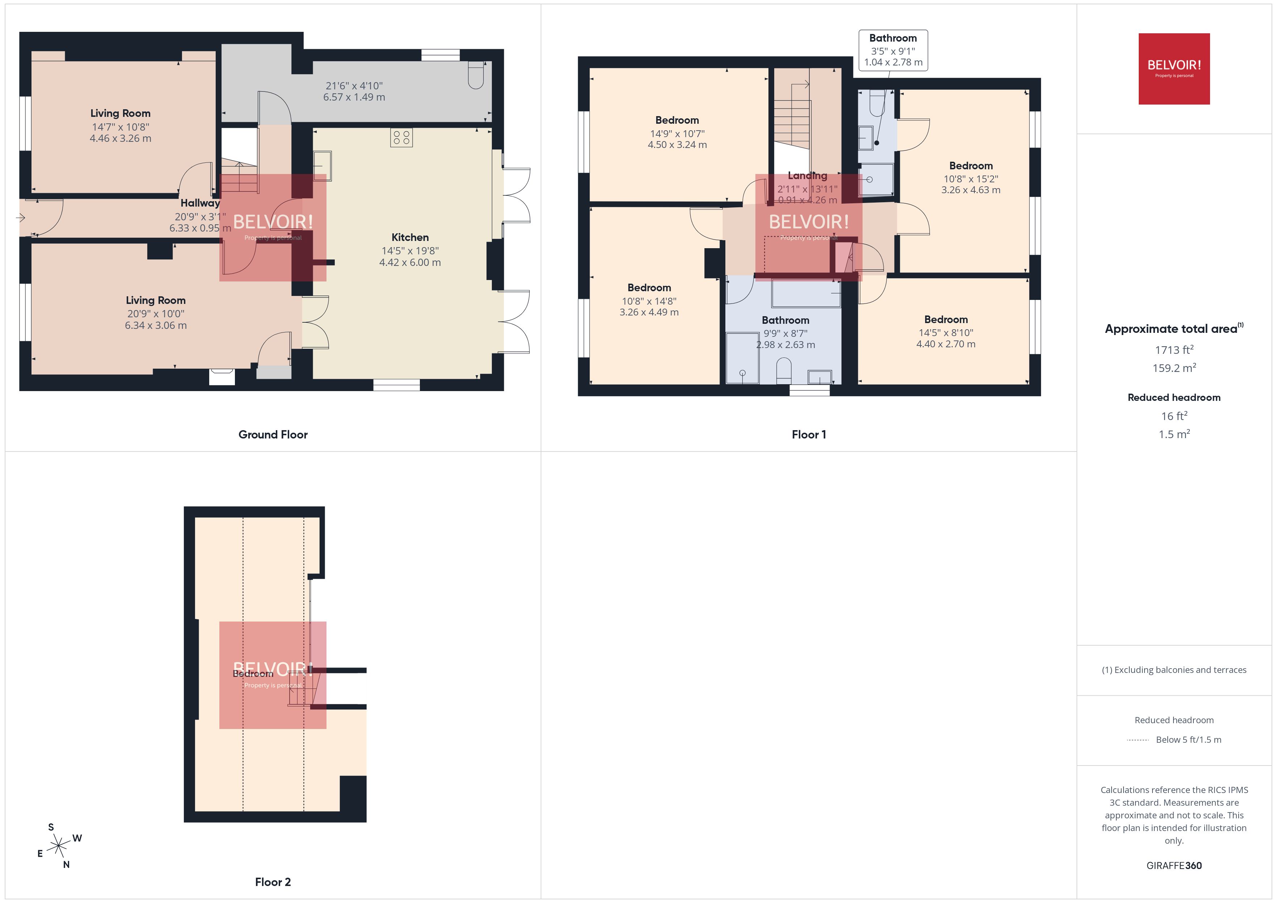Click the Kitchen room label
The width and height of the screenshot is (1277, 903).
409,237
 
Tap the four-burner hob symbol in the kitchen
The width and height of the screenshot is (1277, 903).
401,137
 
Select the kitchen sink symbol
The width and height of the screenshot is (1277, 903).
323,166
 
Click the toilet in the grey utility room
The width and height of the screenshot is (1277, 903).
476,75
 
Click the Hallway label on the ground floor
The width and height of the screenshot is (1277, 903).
200,203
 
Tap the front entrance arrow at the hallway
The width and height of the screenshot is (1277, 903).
21,218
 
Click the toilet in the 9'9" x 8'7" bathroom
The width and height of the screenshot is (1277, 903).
783,370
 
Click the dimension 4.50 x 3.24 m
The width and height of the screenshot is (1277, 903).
677,145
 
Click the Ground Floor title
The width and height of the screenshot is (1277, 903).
273,435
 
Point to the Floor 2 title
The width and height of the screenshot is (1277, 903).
273,882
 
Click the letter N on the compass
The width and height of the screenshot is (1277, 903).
66,865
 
